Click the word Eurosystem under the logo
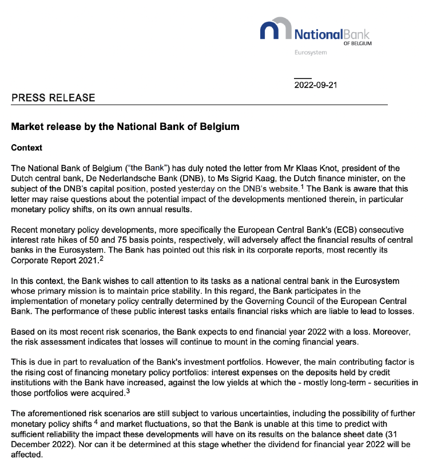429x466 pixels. coord(310,53)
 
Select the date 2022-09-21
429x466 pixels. coord(316,85)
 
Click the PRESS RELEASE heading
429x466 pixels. coord(53,97)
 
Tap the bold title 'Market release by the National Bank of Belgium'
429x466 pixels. coord(125,126)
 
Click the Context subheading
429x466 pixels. coord(27,147)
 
